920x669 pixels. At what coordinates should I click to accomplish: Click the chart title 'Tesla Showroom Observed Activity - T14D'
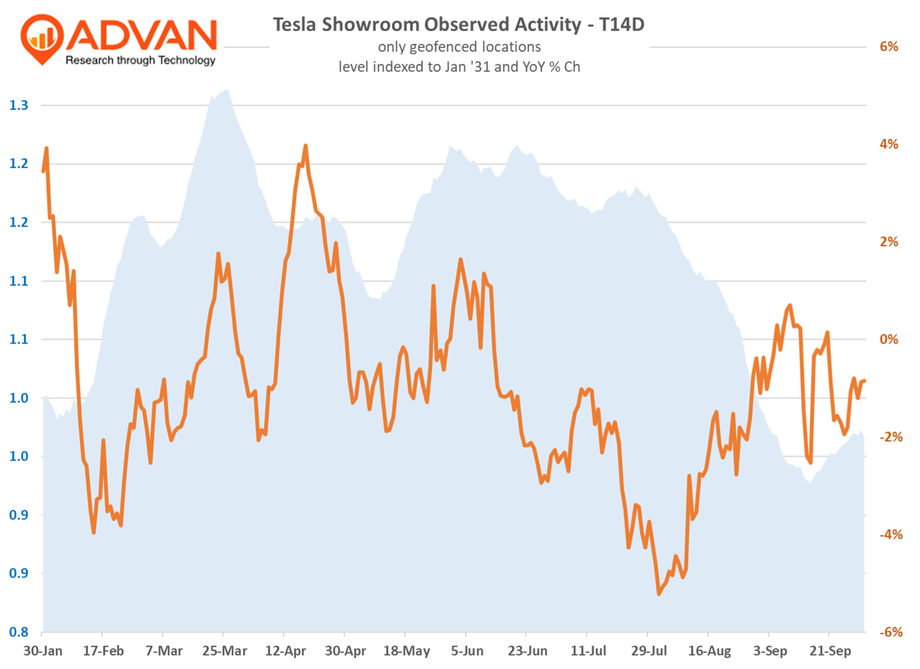pos(458,24)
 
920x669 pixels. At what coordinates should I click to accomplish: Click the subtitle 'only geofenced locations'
pos(459,47)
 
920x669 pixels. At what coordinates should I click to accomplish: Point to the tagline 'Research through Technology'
pos(140,60)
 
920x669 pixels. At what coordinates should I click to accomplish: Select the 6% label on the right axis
pos(889,46)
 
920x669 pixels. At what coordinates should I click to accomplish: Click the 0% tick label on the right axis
pos(889,339)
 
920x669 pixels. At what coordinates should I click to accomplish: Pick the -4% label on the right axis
pos(891,535)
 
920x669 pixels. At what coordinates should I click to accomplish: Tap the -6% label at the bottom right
pos(891,632)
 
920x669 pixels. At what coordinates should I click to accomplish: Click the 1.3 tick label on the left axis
pos(19,105)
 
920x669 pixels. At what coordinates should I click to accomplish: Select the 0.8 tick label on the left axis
pos(19,632)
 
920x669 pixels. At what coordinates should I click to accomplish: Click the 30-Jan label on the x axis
pos(43,651)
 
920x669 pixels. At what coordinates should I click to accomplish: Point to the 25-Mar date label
pos(225,651)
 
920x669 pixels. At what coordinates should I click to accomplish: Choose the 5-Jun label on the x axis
pos(467,651)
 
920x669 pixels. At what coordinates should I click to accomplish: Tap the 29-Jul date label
pos(649,651)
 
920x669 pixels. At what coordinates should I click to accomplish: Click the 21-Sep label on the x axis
pos(830,651)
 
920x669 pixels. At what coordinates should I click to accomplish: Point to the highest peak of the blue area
pos(228,90)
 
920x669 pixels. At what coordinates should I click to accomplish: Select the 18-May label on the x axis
pos(407,651)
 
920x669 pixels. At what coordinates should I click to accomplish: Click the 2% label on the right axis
pos(889,242)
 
